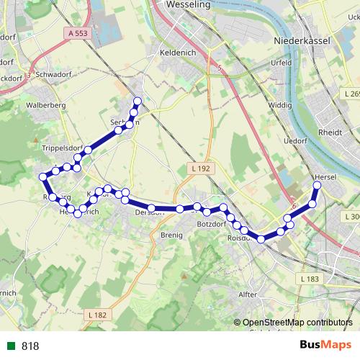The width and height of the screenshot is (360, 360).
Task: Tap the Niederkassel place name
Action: coord(302,41)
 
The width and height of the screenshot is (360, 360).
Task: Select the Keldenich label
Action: coord(178,53)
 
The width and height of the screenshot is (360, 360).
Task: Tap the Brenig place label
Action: coord(172,235)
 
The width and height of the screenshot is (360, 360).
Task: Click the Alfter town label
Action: coord(247,294)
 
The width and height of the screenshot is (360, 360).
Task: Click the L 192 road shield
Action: coord(202,168)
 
